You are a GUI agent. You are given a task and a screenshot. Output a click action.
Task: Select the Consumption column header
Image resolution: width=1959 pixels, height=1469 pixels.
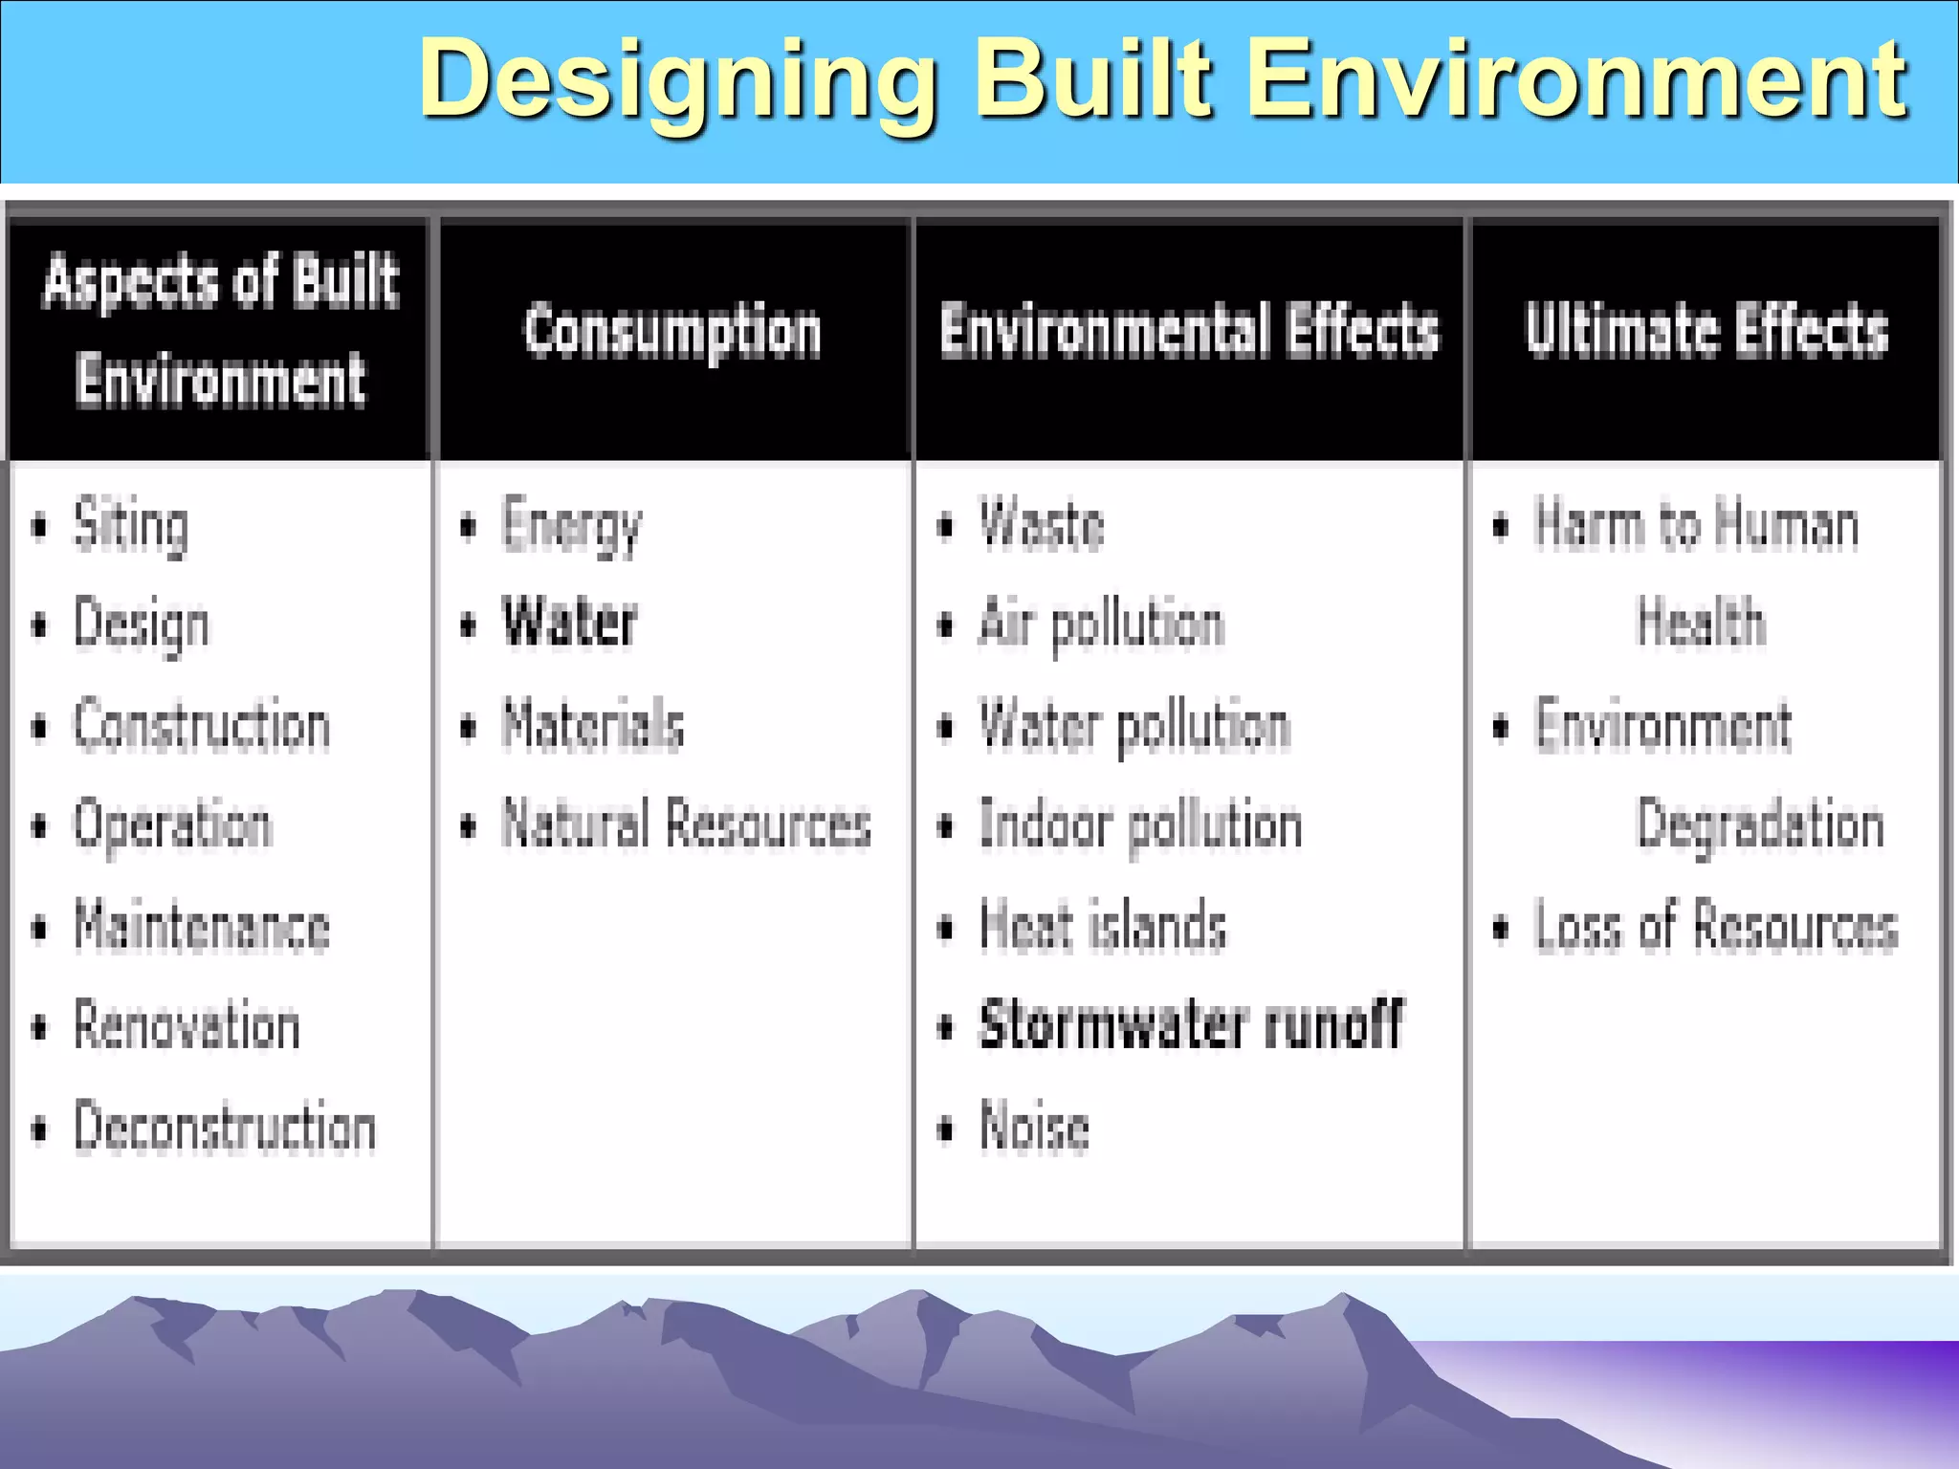672,332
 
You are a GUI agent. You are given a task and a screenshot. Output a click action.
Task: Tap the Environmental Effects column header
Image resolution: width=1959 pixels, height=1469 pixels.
1189,332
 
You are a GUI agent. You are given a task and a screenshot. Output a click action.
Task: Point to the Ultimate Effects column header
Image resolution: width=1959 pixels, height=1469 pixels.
1706,332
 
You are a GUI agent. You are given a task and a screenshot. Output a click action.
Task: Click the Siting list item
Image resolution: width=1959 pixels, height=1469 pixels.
131,525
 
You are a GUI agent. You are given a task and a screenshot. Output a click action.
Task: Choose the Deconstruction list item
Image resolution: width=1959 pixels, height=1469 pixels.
225,1128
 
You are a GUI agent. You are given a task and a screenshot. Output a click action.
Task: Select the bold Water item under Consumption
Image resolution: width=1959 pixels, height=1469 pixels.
570,624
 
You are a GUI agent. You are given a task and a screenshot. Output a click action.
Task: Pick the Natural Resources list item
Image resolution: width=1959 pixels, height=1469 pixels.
686,824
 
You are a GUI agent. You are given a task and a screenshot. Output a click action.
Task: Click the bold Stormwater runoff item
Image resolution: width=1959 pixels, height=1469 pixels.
1192,1025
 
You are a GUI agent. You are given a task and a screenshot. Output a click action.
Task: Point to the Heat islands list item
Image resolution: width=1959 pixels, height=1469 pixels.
1103,927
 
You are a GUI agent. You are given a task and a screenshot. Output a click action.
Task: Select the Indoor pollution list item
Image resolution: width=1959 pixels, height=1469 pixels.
1141,824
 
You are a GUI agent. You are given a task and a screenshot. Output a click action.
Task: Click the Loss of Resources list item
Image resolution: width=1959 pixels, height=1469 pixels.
1716,927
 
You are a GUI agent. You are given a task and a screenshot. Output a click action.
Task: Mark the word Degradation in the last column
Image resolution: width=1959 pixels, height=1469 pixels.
1760,824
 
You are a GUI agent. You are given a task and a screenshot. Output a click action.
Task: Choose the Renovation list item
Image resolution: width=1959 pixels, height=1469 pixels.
187,1025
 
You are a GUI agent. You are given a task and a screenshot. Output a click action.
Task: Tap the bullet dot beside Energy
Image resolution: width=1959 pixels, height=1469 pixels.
468,527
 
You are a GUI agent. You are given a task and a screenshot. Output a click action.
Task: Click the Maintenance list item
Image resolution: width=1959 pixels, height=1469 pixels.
202,927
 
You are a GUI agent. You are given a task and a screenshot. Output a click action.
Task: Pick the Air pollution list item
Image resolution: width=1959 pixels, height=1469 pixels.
1102,624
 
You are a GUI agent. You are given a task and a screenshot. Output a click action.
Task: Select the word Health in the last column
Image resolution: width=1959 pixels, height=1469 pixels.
1701,624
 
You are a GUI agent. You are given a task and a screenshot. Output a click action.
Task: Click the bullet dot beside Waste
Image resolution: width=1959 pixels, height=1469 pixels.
945,527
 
